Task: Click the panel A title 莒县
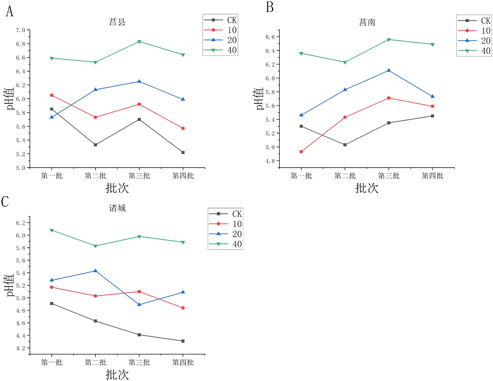click(117, 22)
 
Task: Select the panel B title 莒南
click(367, 22)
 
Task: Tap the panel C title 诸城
click(117, 208)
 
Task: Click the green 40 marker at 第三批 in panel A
click(139, 42)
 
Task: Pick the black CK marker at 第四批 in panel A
click(183, 152)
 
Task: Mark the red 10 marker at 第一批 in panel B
click(301, 152)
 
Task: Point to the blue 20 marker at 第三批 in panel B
click(389, 71)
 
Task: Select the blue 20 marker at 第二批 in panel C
click(96, 271)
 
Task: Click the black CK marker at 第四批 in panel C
click(183, 341)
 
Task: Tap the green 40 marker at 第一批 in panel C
click(52, 230)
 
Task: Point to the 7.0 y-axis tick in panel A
click(21, 30)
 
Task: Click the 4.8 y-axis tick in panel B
click(270, 161)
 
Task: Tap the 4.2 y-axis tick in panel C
click(21, 348)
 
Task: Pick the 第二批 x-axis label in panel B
click(345, 176)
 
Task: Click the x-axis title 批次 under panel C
click(117, 375)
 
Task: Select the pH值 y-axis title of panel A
click(10, 99)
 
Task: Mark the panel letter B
click(270, 7)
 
